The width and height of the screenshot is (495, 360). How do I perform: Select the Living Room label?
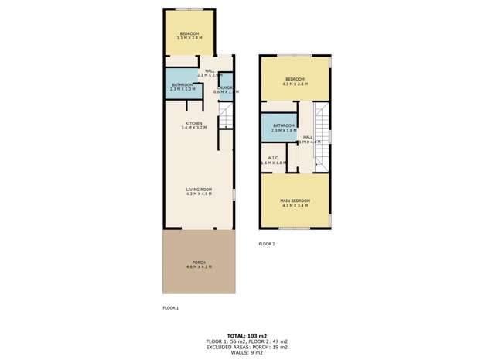click(x=199, y=191)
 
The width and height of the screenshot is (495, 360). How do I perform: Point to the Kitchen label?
click(x=193, y=125)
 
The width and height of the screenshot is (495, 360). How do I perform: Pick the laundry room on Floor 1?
click(x=226, y=90)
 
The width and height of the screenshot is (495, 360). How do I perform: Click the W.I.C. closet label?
click(x=274, y=160)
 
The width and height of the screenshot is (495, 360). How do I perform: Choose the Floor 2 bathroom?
click(x=284, y=128)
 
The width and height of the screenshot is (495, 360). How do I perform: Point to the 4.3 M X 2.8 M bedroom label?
click(x=295, y=81)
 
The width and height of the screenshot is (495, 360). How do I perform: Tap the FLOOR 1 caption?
click(x=170, y=308)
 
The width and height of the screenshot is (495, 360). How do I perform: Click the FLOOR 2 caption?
click(x=267, y=244)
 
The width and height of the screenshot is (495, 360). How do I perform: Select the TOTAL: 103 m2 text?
click(x=247, y=334)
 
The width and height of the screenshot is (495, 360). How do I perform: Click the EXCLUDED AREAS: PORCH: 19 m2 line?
click(x=247, y=346)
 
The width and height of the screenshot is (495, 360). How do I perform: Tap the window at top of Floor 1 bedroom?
click(x=189, y=9)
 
